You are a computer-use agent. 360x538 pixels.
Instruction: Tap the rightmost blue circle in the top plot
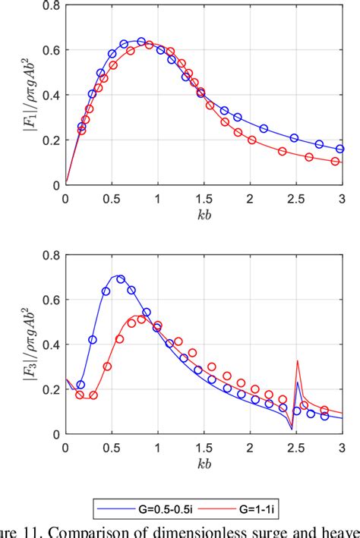[339, 149]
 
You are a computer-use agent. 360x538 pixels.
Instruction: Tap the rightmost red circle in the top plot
[335, 161]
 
